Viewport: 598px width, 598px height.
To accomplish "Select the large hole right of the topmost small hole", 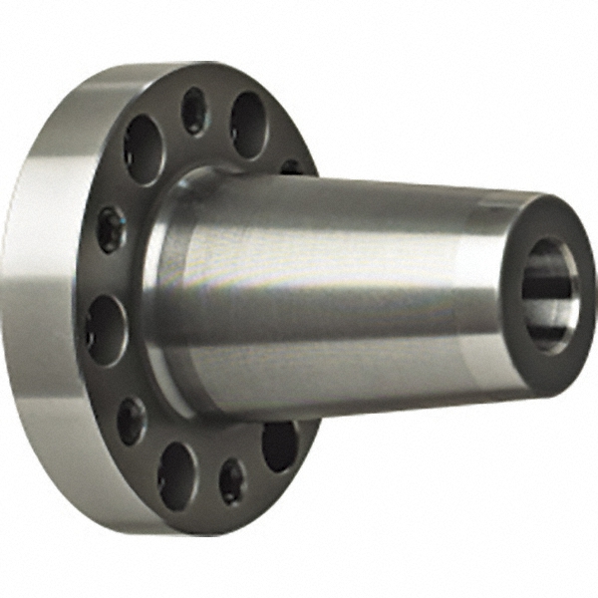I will pos(248,125).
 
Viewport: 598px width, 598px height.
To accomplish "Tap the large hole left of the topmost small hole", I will pos(144,149).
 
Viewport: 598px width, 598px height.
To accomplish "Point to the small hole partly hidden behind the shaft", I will pos(291,166).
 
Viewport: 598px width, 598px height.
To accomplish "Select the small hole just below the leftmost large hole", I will pos(131,420).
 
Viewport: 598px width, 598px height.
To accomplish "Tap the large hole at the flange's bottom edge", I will pos(176,474).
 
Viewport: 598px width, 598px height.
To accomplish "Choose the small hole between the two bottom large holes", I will pos(232,480).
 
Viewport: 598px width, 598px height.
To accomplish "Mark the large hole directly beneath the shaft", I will pos(279,445).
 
